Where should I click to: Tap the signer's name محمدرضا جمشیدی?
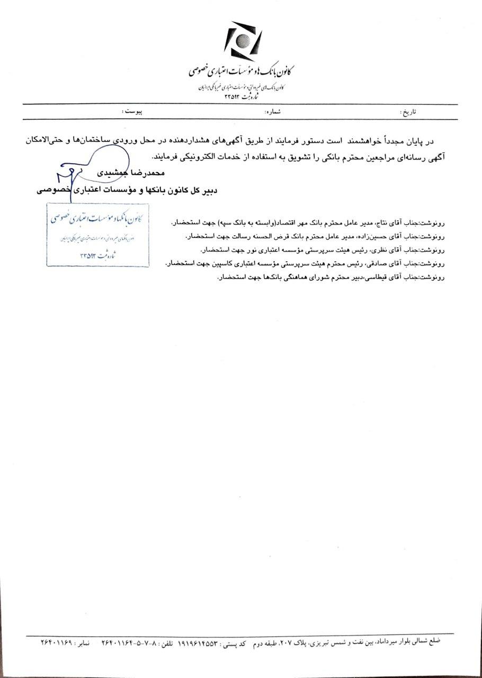(130, 173)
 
